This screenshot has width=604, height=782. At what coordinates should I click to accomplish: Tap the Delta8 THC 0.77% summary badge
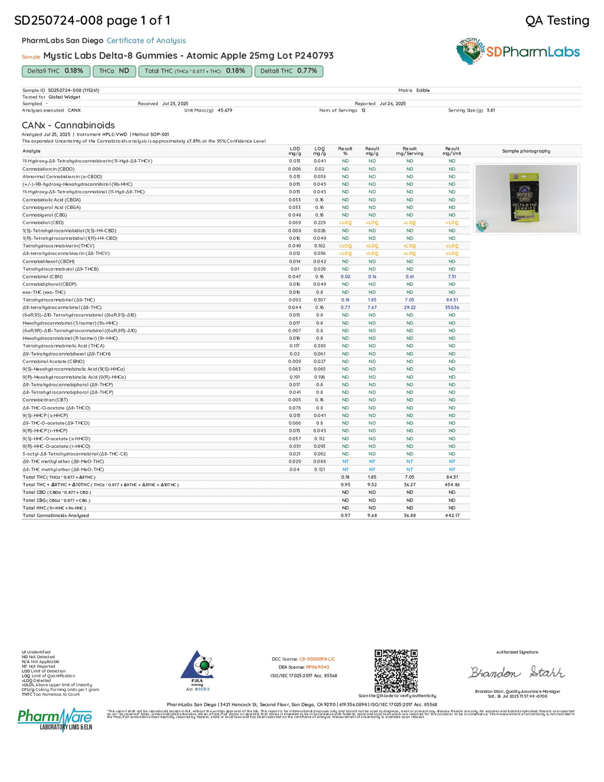[288, 71]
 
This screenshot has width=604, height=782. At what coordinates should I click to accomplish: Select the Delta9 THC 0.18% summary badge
[55, 71]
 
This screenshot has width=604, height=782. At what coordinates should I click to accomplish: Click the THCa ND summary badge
[114, 71]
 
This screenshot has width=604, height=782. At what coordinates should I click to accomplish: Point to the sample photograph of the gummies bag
[526, 199]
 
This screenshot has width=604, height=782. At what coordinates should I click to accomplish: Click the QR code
[396, 670]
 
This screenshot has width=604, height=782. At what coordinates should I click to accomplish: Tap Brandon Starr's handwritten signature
[517, 672]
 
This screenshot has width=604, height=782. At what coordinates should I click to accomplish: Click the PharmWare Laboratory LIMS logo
[55, 719]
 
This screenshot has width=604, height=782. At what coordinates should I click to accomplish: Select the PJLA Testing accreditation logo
[197, 669]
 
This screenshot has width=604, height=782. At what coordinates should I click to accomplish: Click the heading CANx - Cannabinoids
[68, 125]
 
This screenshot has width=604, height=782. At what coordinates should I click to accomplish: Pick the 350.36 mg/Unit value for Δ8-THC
[452, 307]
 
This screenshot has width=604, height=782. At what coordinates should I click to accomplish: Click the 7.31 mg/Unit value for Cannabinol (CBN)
[452, 277]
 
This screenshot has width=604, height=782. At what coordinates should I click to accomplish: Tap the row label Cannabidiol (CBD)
[43, 223]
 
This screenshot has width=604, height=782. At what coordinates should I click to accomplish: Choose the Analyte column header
[31, 151]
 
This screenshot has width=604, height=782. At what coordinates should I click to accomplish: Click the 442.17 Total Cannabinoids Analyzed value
[452, 516]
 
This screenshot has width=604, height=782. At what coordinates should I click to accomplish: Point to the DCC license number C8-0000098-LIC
[317, 659]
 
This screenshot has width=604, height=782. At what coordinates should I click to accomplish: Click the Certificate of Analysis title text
[146, 41]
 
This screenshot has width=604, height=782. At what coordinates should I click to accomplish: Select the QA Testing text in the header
[557, 21]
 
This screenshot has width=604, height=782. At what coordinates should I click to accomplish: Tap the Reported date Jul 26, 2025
[392, 104]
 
